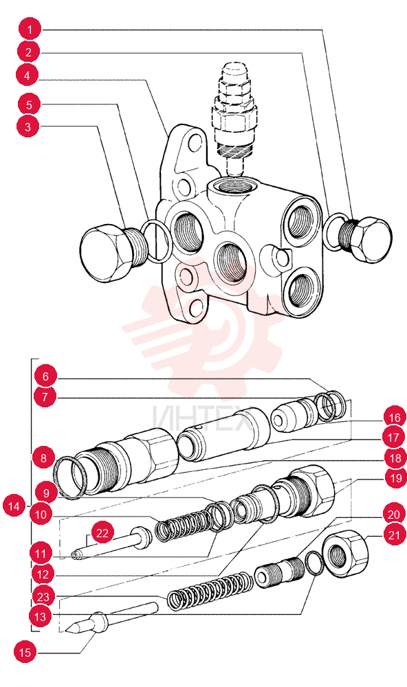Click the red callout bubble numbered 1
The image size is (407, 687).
point(30,30)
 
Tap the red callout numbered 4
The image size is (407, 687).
point(27,76)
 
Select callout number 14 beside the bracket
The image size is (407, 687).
point(14,506)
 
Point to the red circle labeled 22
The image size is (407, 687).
point(102,533)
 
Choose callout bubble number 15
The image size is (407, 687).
point(25,653)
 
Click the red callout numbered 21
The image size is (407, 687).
point(395,534)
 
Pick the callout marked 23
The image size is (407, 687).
point(43,597)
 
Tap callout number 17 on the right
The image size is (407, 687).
point(393,437)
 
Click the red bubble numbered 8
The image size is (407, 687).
point(43,458)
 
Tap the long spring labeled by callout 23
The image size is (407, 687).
point(210,589)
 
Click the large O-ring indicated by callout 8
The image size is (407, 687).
point(69,477)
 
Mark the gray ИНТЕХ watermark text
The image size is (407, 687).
point(202,418)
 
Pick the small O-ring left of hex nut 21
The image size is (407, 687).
point(314,563)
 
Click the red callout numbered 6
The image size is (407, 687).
point(45,376)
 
